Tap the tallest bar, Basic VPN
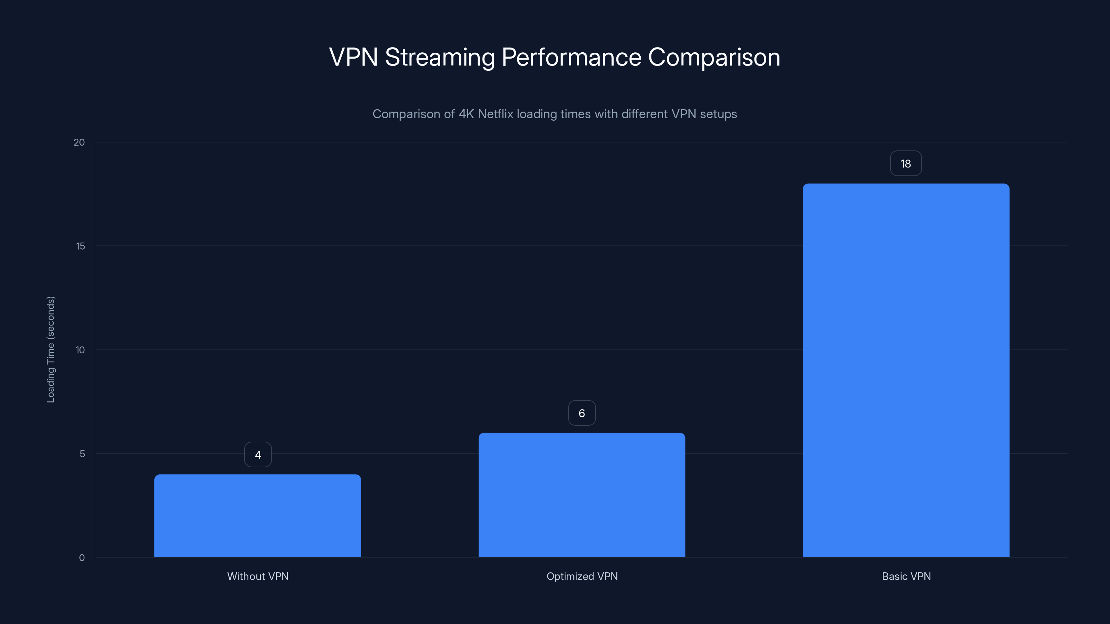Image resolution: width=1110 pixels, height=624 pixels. pyautogui.click(x=906, y=370)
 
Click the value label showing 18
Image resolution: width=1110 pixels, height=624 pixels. pyautogui.click(x=906, y=164)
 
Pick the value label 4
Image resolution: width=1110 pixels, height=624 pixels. pyautogui.click(x=258, y=455)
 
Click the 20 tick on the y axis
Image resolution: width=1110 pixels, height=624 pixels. pyautogui.click(x=79, y=142)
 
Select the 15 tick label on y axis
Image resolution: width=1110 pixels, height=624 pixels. pyautogui.click(x=80, y=246)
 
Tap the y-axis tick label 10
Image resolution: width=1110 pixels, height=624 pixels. pyautogui.click(x=80, y=350)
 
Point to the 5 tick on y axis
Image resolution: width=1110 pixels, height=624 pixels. pyautogui.click(x=82, y=454)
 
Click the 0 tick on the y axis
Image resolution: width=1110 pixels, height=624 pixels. pyautogui.click(x=82, y=558)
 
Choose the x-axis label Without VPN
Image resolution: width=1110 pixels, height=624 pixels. pyautogui.click(x=258, y=576)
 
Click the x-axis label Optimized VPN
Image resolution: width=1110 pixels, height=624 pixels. pyautogui.click(x=582, y=576)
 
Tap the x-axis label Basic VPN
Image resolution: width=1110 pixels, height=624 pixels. pyautogui.click(x=906, y=576)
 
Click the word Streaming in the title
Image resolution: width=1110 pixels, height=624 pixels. pyautogui.click(x=439, y=58)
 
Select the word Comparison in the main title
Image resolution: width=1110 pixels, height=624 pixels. pyautogui.click(x=714, y=57)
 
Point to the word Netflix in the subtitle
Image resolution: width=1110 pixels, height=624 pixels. pyautogui.click(x=496, y=114)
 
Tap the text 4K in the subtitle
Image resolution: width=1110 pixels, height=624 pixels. pyautogui.click(x=466, y=114)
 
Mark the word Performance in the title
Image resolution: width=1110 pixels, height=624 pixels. pyautogui.click(x=571, y=57)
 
